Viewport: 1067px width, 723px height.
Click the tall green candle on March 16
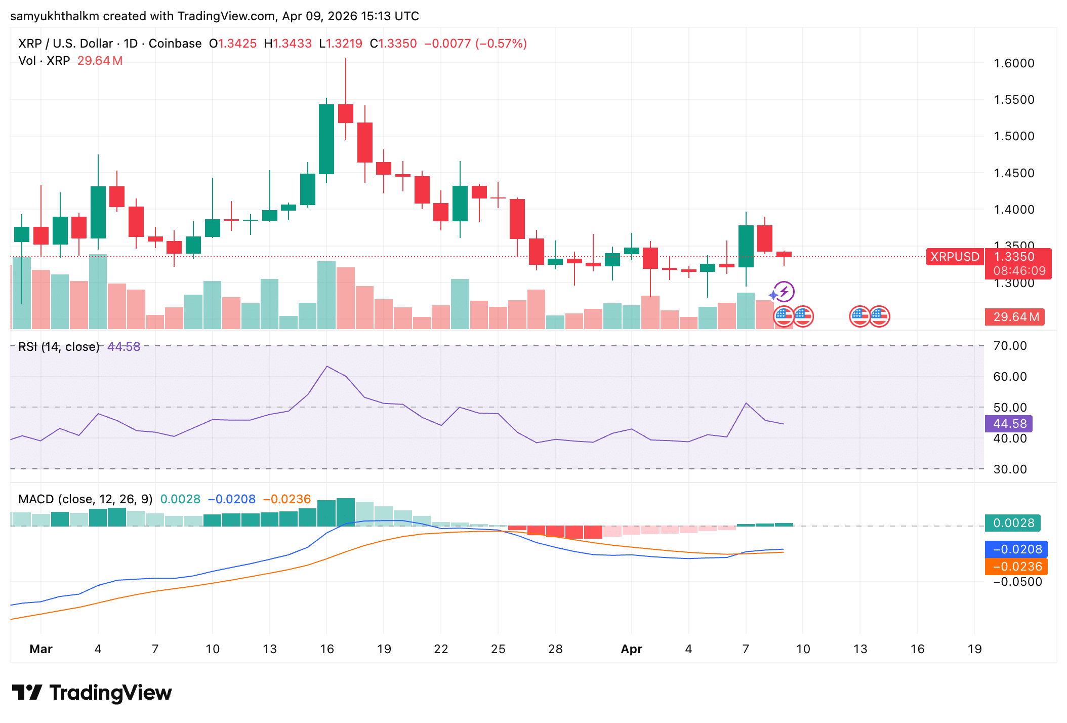click(x=326, y=139)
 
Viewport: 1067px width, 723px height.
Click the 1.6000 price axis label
click(x=1014, y=63)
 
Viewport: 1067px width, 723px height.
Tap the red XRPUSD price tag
click(x=955, y=257)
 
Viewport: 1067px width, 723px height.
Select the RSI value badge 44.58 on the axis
click(x=1009, y=424)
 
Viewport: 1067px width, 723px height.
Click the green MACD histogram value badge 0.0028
click(x=1012, y=523)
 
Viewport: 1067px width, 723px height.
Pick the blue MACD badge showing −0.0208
click(x=1016, y=549)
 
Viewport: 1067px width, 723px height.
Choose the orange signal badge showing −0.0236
click(x=1016, y=567)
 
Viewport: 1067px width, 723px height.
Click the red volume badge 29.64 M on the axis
click(x=1015, y=317)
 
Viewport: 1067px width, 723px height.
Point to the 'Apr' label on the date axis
click(x=631, y=649)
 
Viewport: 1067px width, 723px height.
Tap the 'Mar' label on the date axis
click(x=41, y=649)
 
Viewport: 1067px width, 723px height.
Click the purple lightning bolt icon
click(x=784, y=292)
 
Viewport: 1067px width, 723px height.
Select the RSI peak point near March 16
click(x=327, y=366)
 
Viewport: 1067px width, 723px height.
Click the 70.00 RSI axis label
click(x=1010, y=346)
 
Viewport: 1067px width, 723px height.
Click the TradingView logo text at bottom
click(x=110, y=693)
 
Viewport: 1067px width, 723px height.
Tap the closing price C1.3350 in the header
click(x=393, y=44)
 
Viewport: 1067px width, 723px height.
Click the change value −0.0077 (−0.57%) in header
click(x=475, y=44)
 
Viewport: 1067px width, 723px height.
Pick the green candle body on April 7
click(x=746, y=246)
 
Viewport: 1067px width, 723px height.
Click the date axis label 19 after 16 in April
click(x=974, y=649)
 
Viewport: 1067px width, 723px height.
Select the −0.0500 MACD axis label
click(x=1017, y=582)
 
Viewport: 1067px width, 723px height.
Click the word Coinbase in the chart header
click(x=175, y=44)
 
